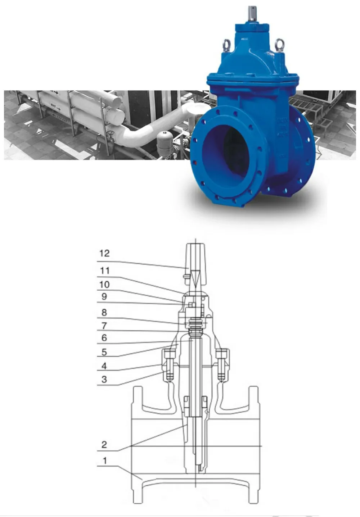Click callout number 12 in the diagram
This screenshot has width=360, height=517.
(x=104, y=253)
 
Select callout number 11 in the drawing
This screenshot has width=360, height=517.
(x=104, y=271)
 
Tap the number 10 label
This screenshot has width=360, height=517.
(x=104, y=285)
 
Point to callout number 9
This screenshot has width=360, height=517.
(x=104, y=297)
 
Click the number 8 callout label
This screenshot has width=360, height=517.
(x=104, y=312)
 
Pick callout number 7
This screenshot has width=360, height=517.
(x=104, y=326)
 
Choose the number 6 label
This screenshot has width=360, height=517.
(x=104, y=338)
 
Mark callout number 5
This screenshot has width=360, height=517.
(x=104, y=352)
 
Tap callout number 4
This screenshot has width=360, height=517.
(x=104, y=366)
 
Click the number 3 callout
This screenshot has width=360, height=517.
(x=104, y=379)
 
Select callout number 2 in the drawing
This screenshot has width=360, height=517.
(x=104, y=444)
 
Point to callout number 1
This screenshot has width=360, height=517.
(x=104, y=461)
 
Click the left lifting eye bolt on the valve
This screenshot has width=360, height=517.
(x=227, y=45)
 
